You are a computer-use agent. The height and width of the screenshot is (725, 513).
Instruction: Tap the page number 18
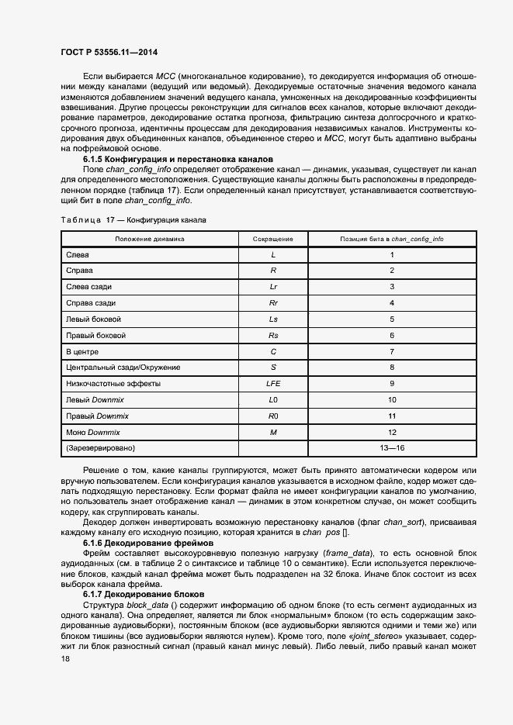coord(65,658)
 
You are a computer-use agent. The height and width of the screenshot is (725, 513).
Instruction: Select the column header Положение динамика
coord(150,239)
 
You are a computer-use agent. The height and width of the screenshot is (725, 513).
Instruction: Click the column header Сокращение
coord(273,239)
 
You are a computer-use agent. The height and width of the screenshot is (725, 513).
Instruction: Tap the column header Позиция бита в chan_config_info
coord(392,239)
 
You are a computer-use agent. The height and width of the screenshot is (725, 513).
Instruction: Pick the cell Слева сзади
coord(89,286)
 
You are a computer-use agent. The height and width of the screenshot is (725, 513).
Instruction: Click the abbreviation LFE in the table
coord(273,383)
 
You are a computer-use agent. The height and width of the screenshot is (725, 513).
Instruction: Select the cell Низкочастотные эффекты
coord(113,383)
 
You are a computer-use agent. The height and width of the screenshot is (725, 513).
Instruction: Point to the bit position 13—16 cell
coord(392,448)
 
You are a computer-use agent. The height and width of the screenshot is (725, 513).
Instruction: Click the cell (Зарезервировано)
coord(101,448)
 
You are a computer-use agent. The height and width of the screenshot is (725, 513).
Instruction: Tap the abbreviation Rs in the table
coord(273,335)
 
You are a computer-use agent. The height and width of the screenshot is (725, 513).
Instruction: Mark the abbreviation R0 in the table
coord(273,416)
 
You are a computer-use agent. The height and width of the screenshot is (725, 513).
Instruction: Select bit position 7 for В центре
coord(392,351)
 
